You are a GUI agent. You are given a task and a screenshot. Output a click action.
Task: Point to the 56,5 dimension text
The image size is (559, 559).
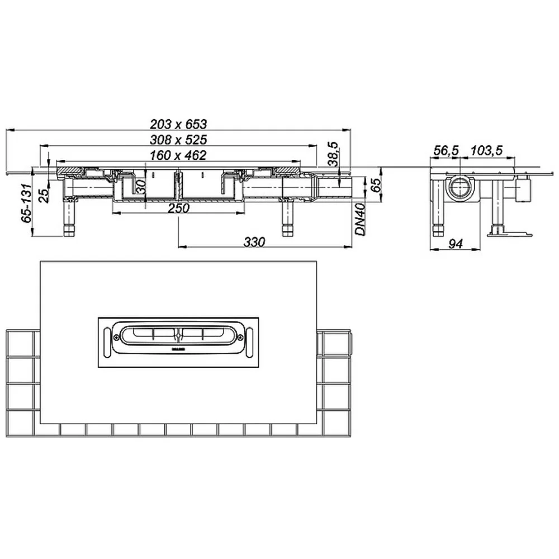pyautogui.click(x=446, y=150)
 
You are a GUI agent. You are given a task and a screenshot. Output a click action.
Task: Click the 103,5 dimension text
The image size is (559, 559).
pyautogui.click(x=486, y=150)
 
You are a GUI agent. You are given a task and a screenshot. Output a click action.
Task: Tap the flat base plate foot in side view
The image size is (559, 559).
pyautogui.click(x=509, y=233)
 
